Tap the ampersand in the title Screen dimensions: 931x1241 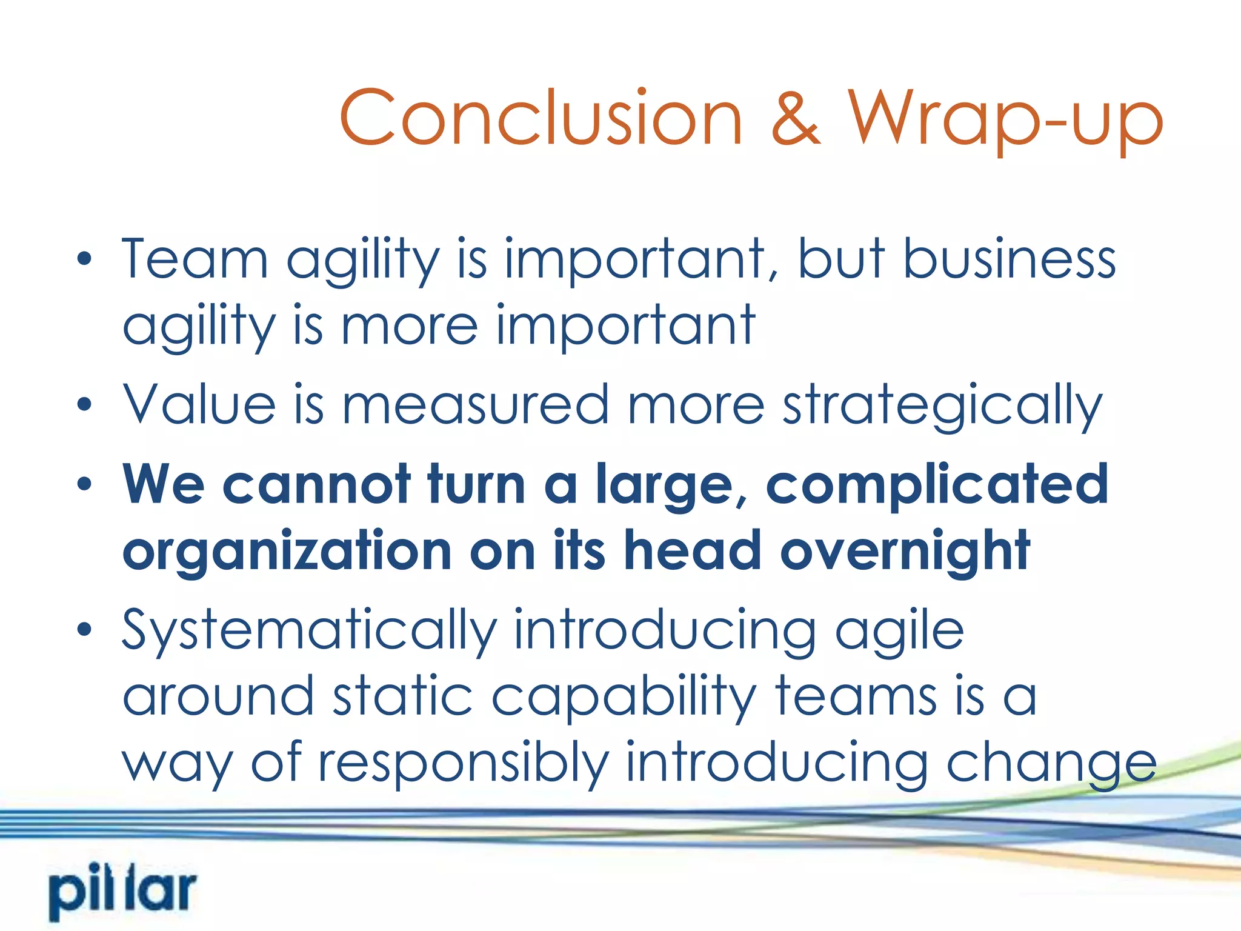796,119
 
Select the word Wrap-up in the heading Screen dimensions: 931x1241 1005,119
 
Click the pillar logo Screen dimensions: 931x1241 123,893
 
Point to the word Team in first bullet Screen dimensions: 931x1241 195,259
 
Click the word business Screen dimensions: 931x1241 1009,259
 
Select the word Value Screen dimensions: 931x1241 200,404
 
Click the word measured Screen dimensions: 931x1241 476,404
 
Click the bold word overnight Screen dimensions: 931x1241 905,552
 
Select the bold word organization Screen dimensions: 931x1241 287,552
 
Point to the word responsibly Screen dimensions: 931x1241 464,764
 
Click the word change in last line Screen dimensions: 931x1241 1051,764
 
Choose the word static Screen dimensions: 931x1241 402,697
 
